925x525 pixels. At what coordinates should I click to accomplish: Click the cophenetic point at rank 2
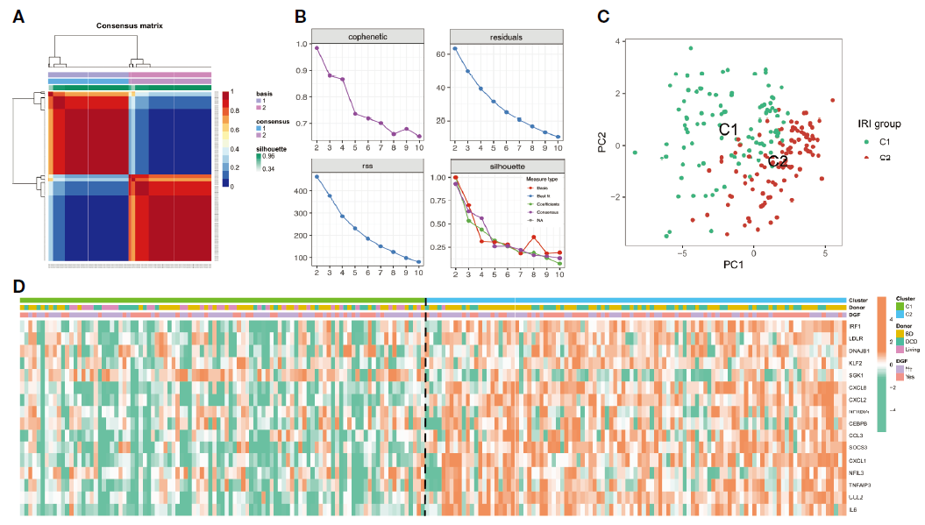coord(317,48)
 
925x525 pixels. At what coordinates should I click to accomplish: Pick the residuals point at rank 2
coord(455,48)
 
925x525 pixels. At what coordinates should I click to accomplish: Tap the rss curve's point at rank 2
coord(317,177)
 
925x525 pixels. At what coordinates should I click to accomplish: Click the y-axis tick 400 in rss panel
coord(301,190)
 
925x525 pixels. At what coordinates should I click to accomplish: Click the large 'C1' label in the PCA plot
coord(728,130)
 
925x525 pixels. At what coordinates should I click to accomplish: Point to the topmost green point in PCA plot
coord(691,48)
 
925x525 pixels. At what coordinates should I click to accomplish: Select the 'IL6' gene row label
coord(853,508)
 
